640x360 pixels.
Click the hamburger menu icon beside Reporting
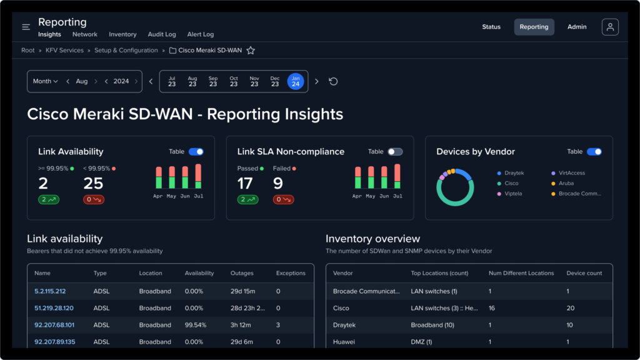pos(26,27)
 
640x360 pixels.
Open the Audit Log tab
pos(162,35)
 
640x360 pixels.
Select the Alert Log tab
pos(200,35)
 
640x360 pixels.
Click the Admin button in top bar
pos(577,27)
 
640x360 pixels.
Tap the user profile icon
pos(610,27)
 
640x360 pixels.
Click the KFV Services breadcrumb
pos(64,51)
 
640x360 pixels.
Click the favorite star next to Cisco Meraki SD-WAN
pos(251,51)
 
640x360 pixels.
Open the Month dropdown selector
pos(45,81)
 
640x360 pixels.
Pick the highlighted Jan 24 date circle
pos(296,81)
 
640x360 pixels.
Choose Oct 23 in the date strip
pos(234,81)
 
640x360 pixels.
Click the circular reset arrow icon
pos(333,81)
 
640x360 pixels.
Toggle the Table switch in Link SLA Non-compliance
pos(395,152)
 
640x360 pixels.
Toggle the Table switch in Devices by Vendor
pos(594,152)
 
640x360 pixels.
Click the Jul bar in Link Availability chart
pos(198,176)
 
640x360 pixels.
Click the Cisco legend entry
pos(511,184)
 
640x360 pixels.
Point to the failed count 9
pos(278,183)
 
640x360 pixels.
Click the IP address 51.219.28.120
pos(54,308)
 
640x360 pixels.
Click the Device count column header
pos(584,273)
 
